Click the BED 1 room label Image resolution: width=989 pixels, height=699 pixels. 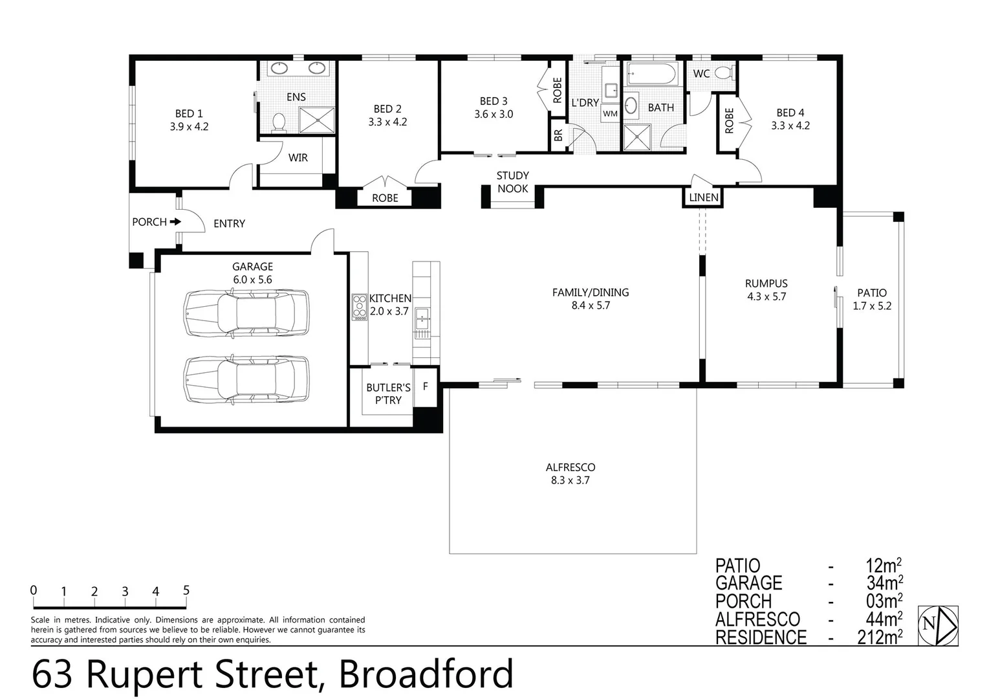click(189, 114)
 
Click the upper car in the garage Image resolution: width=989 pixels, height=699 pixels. click(246, 313)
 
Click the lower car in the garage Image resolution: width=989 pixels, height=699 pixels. click(246, 379)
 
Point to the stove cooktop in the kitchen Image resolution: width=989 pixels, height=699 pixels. click(359, 307)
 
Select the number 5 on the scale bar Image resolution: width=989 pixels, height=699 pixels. click(186, 590)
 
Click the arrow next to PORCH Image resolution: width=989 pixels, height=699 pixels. click(175, 221)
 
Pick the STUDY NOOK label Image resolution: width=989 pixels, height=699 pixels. click(512, 182)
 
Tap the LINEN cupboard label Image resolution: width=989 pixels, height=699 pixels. click(703, 197)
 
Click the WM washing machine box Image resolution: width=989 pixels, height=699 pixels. click(610, 113)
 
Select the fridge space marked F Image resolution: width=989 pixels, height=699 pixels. click(425, 386)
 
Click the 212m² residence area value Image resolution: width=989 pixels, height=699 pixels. click(879, 638)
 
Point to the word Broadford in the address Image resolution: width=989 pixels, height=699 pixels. click(426, 674)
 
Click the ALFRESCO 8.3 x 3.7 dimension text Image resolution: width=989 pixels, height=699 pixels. click(570, 480)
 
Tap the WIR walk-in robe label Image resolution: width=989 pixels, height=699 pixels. click(298, 157)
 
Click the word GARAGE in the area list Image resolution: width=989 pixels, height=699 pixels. click(748, 583)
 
